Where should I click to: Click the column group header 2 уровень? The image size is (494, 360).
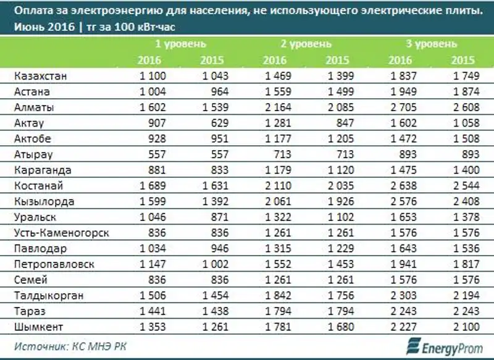pyautogui.click(x=306, y=44)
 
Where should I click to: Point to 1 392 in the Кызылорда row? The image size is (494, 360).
pyautogui.click(x=214, y=201)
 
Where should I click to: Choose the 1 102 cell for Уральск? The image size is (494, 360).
pyautogui.click(x=339, y=217)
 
